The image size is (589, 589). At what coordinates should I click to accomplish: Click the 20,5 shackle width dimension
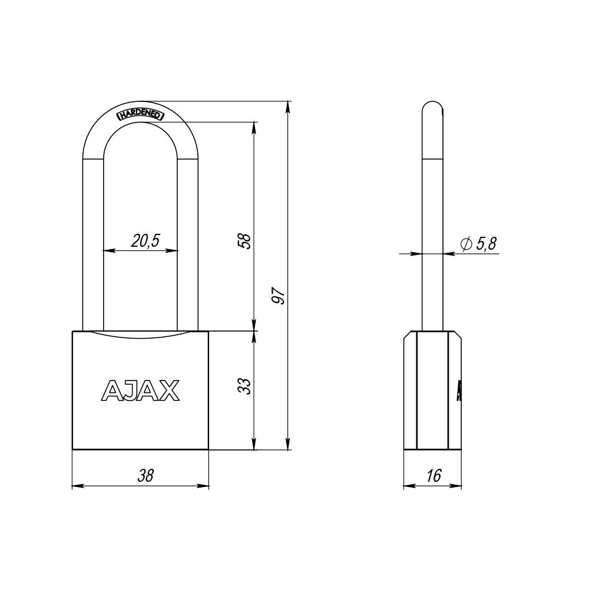click(x=145, y=240)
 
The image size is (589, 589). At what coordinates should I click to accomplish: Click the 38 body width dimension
click(x=145, y=477)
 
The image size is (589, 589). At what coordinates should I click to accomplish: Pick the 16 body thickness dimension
click(x=433, y=477)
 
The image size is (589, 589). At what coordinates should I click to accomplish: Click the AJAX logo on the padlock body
click(x=141, y=390)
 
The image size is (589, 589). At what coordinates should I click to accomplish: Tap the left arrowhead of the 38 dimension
click(x=76, y=487)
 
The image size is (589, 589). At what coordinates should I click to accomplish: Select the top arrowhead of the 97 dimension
click(x=288, y=106)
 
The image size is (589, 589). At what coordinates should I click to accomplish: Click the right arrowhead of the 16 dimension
click(x=458, y=487)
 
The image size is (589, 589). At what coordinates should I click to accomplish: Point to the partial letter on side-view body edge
click(x=458, y=390)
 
